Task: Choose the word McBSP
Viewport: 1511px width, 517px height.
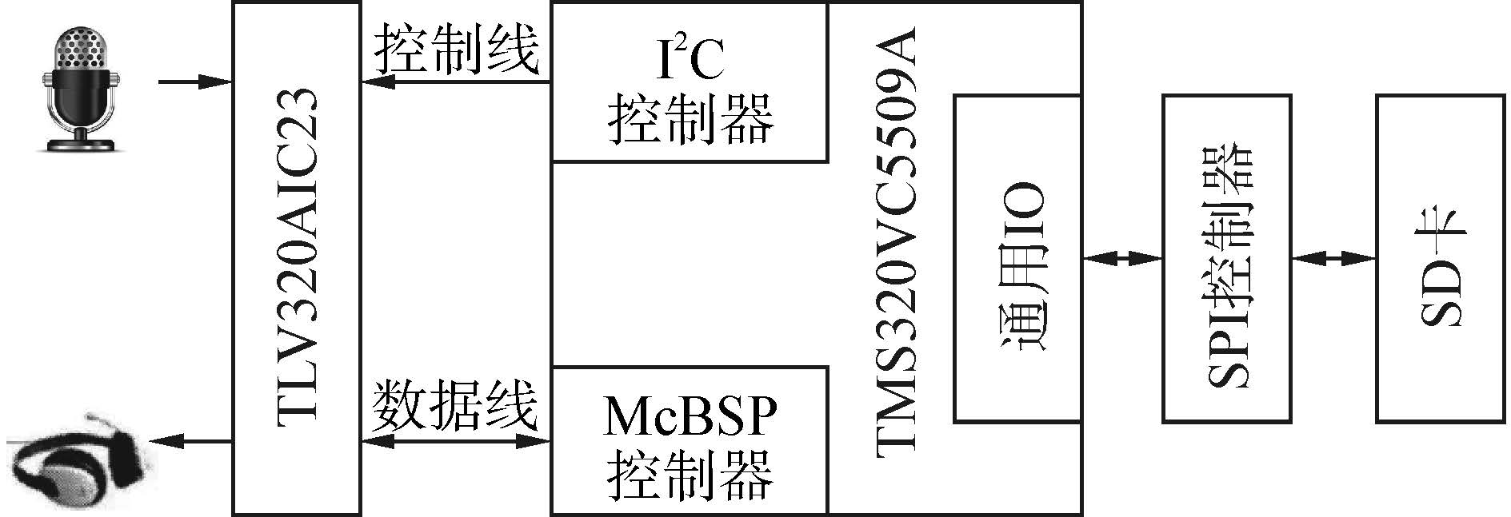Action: pyautogui.click(x=690, y=416)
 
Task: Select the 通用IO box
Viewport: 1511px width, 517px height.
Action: pyautogui.click(x=1017, y=257)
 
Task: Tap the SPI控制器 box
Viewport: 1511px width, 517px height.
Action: pyautogui.click(x=1225, y=257)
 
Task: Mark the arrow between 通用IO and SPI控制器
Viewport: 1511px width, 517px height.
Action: pyautogui.click(x=1121, y=258)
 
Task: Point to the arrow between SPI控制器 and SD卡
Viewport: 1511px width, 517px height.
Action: pyautogui.click(x=1333, y=258)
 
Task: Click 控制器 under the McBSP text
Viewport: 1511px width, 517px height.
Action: pyautogui.click(x=690, y=475)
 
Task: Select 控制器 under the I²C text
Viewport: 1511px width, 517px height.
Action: pyautogui.click(x=690, y=120)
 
